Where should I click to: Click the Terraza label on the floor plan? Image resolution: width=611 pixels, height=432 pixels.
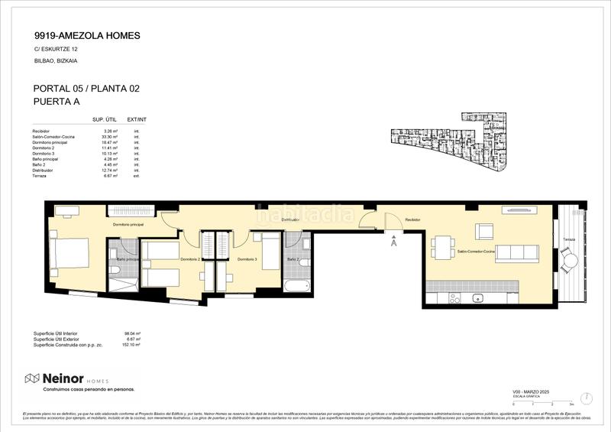(568, 240)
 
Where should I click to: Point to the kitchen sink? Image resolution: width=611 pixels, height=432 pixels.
(478, 297)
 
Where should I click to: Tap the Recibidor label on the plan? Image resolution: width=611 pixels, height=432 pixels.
(413, 219)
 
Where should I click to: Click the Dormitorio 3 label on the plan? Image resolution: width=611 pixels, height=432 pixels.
(247, 260)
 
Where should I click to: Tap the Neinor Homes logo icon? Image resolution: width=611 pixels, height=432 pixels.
(33, 378)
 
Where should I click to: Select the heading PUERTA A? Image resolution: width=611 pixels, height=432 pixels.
(57, 101)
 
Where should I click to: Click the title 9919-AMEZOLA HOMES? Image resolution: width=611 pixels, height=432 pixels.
(87, 35)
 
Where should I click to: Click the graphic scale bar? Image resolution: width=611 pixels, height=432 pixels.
(542, 401)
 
